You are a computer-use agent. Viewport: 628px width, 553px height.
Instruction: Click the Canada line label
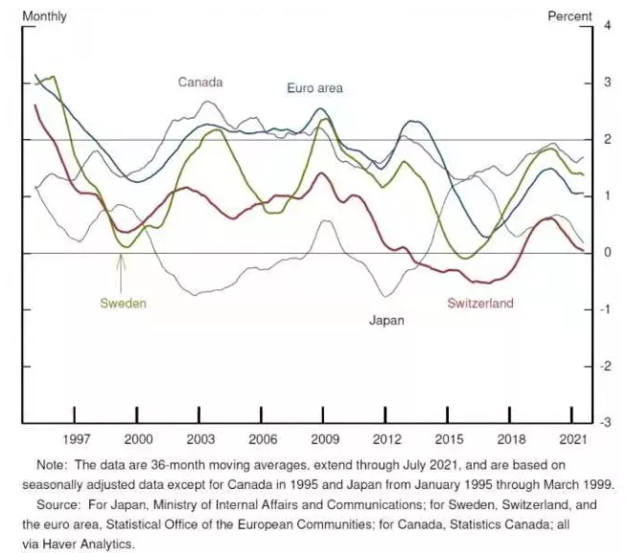pos(200,82)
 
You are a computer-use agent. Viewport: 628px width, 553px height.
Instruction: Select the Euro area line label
pos(314,88)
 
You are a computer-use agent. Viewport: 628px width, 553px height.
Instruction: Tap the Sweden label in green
pos(123,303)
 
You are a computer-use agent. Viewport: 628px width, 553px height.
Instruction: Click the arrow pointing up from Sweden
pos(121,267)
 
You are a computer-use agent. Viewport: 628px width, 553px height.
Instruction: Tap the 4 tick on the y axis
pos(606,26)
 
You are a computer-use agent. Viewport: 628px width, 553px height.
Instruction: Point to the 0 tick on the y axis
pos(606,253)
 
